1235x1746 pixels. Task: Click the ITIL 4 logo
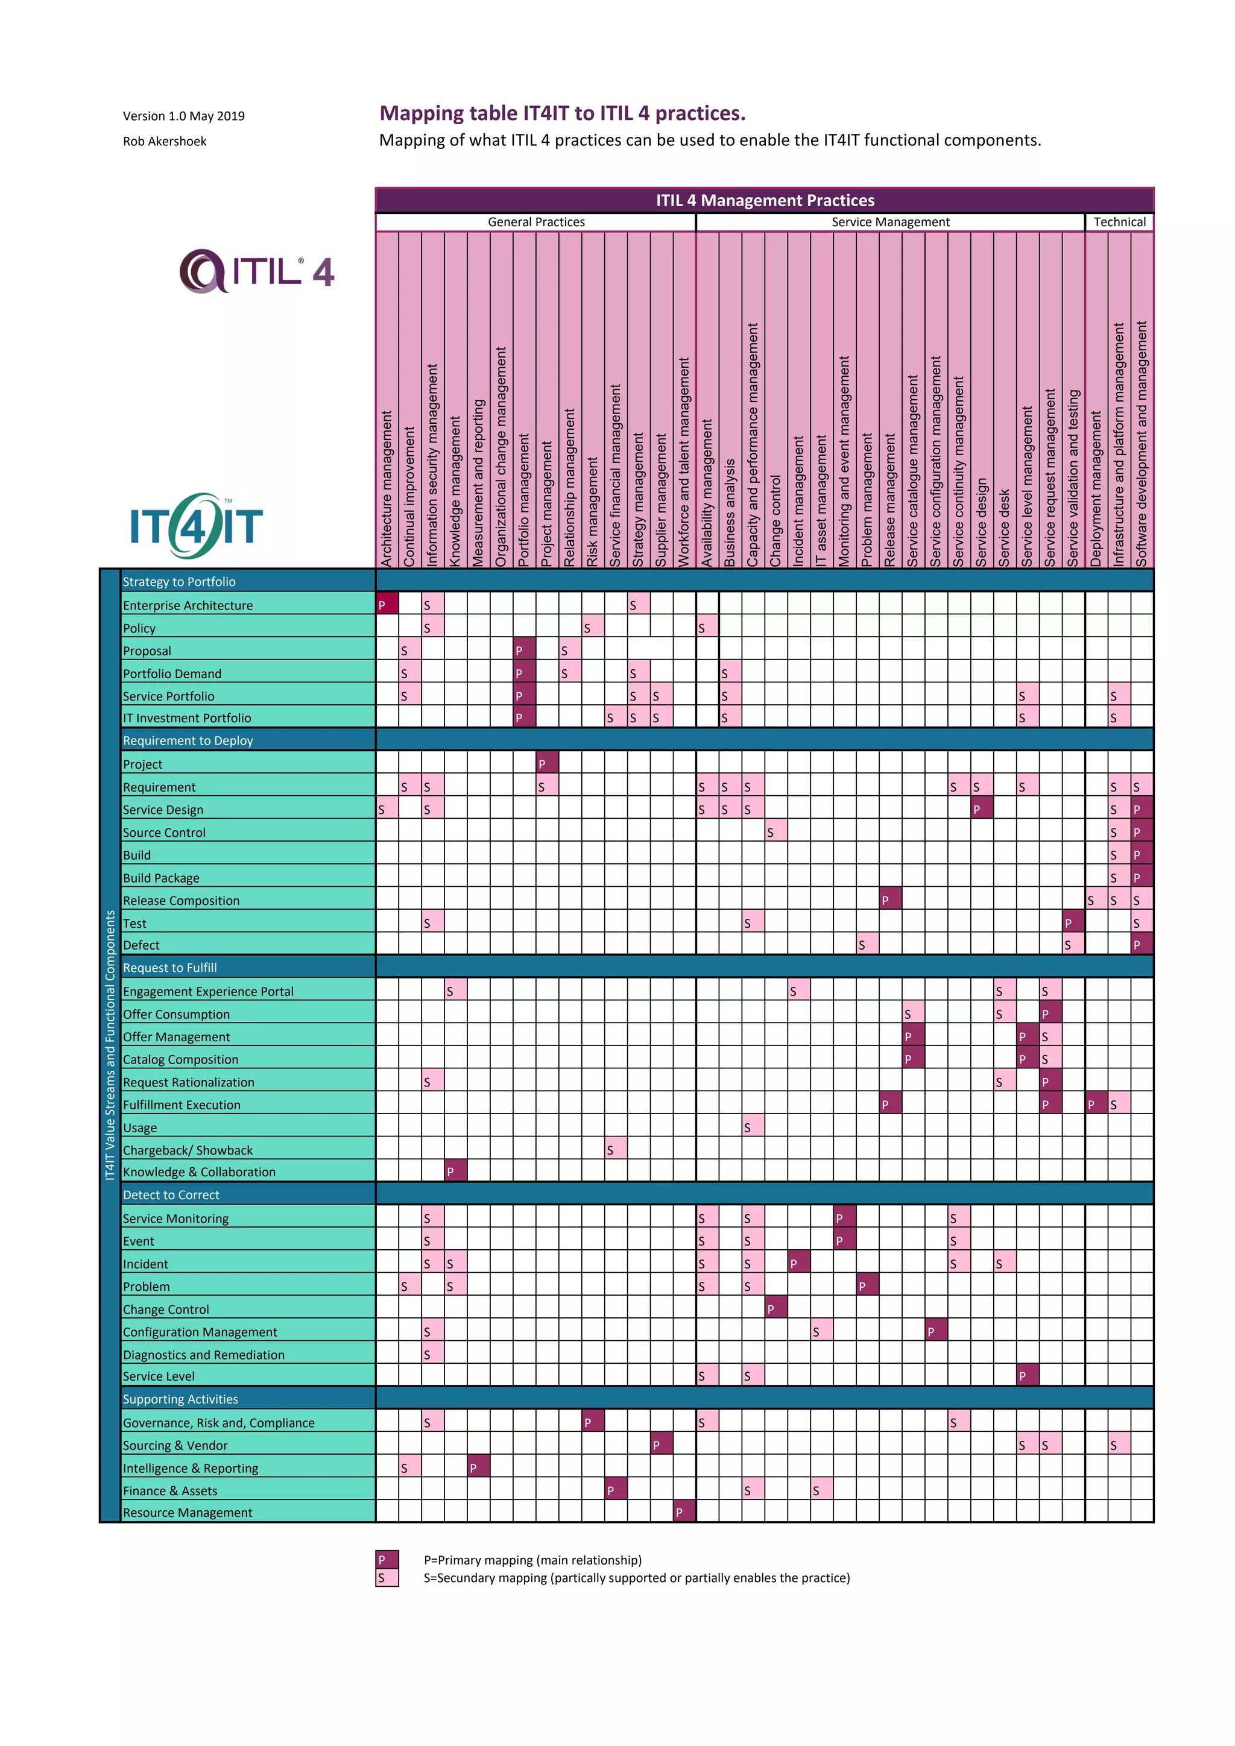257,271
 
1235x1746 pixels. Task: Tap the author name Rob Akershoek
164,142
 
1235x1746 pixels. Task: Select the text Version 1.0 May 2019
183,116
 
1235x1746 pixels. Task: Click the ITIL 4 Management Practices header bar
764,200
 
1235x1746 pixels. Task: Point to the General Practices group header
535,222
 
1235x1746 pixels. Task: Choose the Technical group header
1119,222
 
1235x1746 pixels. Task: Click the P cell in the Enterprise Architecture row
387,605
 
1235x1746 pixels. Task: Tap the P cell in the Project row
547,763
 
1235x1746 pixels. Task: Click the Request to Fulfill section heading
169,967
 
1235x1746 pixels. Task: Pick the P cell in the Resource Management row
684,1512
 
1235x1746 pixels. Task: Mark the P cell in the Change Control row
775,1308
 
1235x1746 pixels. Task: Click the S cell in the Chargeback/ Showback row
615,1149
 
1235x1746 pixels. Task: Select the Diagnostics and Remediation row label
204,1354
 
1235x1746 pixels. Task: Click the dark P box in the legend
387,1560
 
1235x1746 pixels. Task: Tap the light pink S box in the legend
387,1578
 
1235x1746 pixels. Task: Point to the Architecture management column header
387,487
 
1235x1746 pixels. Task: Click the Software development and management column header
1142,445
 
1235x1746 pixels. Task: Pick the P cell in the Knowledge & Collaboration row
455,1171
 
